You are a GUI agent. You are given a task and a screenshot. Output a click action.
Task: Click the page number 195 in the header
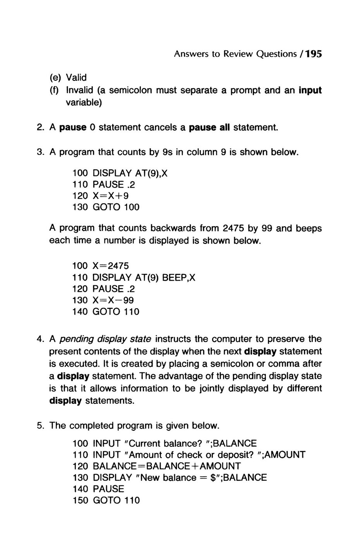[x=314, y=54]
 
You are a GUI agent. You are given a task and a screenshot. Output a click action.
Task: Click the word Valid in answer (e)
[x=76, y=77]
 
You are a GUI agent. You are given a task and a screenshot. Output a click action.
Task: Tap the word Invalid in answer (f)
[x=80, y=90]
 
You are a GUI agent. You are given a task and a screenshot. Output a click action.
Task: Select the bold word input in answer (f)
[x=310, y=90]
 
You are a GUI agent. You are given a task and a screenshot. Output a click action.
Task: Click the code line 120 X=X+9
[x=101, y=196]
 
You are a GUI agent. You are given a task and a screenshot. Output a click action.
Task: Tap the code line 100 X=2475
[x=101, y=266]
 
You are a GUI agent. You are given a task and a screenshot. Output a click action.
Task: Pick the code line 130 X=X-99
[x=103, y=300]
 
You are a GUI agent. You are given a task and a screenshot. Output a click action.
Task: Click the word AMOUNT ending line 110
[x=286, y=455]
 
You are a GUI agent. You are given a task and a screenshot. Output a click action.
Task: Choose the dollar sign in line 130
[x=213, y=478]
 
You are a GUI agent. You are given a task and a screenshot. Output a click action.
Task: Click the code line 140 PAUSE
[x=98, y=489]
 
